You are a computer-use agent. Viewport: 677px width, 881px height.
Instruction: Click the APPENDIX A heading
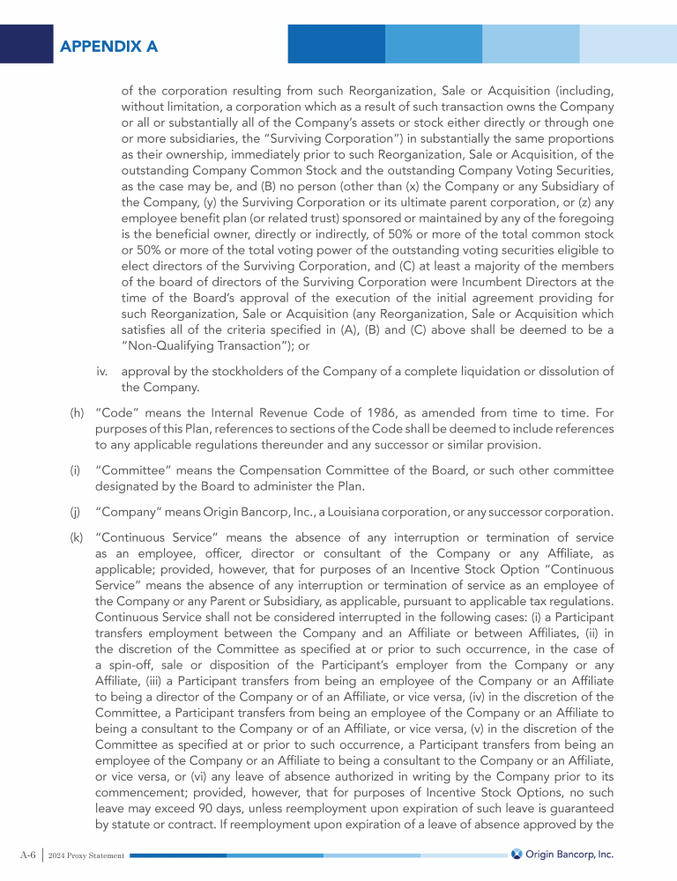(109, 46)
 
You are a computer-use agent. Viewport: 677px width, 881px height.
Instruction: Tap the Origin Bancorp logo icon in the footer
(517, 854)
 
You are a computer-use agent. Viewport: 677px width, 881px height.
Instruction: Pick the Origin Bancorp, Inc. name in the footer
(569, 855)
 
